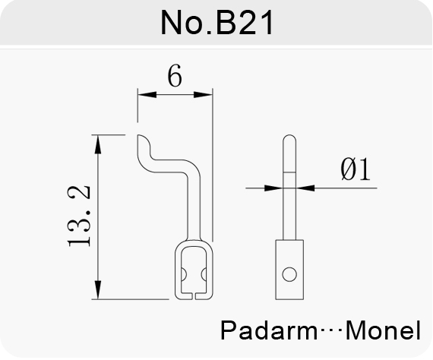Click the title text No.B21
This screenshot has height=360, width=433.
[217, 22]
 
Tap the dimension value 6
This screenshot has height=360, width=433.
[175, 75]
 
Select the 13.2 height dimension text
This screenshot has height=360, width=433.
[79, 216]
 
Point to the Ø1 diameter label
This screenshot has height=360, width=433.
[356, 169]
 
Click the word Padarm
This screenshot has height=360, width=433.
[269, 330]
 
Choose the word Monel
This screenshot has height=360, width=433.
[384, 330]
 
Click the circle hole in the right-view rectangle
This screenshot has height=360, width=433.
[289, 274]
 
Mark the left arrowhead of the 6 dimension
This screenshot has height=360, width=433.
[147, 95]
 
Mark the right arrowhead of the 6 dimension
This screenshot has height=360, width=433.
[204, 95]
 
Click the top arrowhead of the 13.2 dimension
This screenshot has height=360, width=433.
[97, 144]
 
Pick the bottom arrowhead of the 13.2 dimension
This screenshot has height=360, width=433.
[97, 289]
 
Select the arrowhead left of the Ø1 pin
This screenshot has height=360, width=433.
[273, 188]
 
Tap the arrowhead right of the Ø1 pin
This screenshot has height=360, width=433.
[305, 188]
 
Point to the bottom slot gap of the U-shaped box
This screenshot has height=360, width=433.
[194, 296]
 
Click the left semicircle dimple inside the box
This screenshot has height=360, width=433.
[184, 275]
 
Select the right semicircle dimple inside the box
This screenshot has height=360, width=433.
[204, 275]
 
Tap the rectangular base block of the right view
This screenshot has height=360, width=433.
[289, 270]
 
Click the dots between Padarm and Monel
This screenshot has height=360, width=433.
[332, 330]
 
